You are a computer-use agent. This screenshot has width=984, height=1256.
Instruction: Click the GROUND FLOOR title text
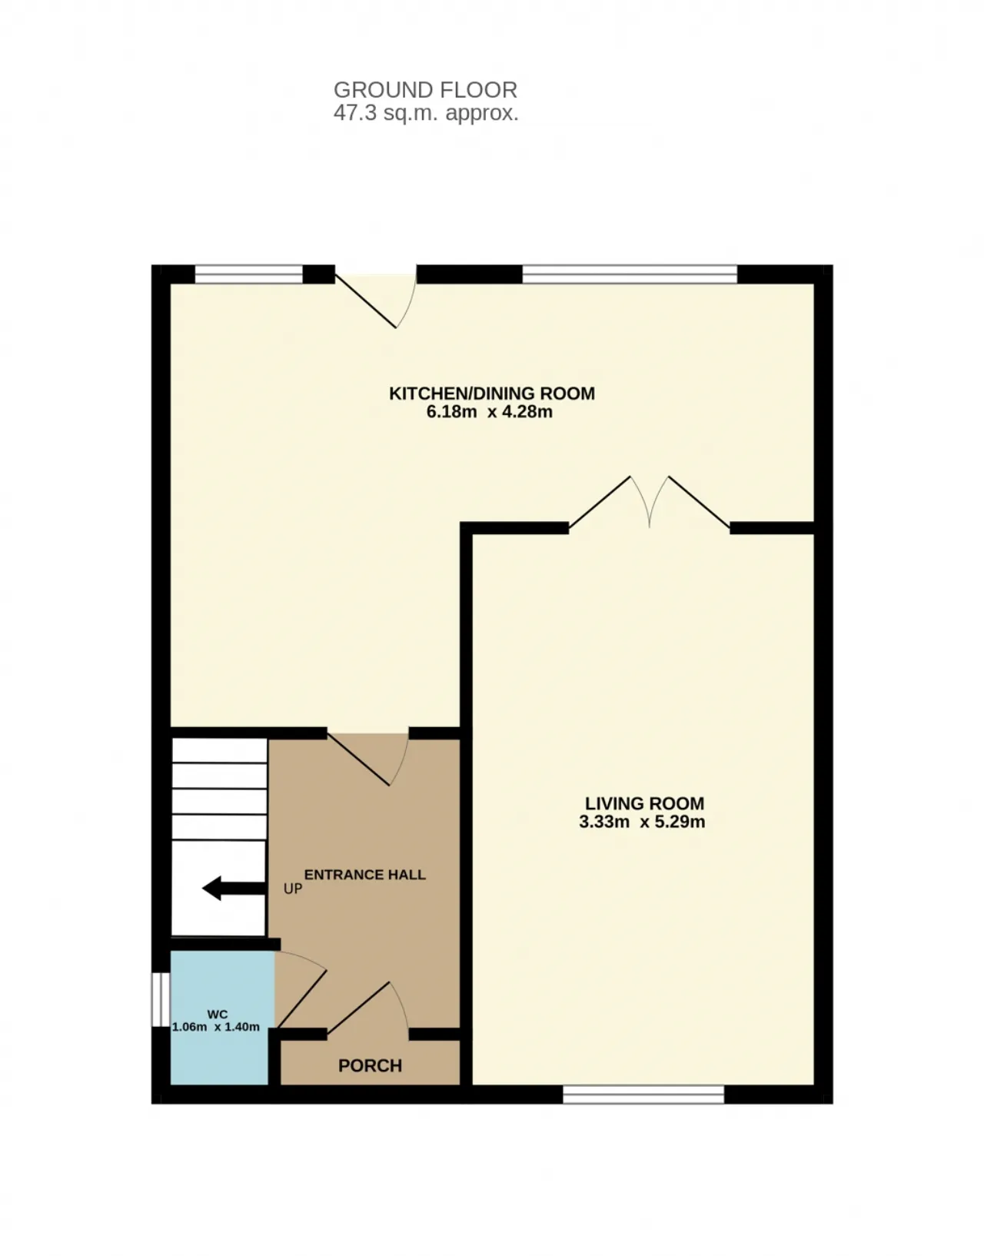pyautogui.click(x=425, y=90)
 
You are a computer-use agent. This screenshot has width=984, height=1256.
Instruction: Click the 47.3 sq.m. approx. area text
pyautogui.click(x=425, y=114)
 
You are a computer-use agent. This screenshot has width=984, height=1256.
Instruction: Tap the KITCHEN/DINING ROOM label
pyautogui.click(x=491, y=394)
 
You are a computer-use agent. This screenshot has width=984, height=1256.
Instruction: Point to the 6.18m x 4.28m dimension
pyautogui.click(x=489, y=412)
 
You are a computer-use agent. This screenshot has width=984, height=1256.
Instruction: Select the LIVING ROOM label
pyautogui.click(x=644, y=803)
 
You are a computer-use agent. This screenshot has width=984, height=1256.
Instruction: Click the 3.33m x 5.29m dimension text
pyautogui.click(x=642, y=822)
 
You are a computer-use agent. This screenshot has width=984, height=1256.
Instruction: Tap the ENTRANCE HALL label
pyautogui.click(x=365, y=875)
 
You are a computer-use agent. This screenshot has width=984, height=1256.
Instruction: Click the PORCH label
pyautogui.click(x=370, y=1065)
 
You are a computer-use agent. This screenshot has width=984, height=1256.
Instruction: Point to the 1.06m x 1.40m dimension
pyautogui.click(x=216, y=1027)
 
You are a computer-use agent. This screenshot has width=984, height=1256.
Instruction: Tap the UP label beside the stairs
pyautogui.click(x=292, y=889)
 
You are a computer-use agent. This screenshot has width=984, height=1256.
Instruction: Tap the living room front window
pyautogui.click(x=643, y=1094)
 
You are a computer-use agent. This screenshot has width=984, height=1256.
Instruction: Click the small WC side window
pyautogui.click(x=160, y=999)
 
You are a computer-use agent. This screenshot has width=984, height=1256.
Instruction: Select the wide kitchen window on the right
pyautogui.click(x=630, y=274)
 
